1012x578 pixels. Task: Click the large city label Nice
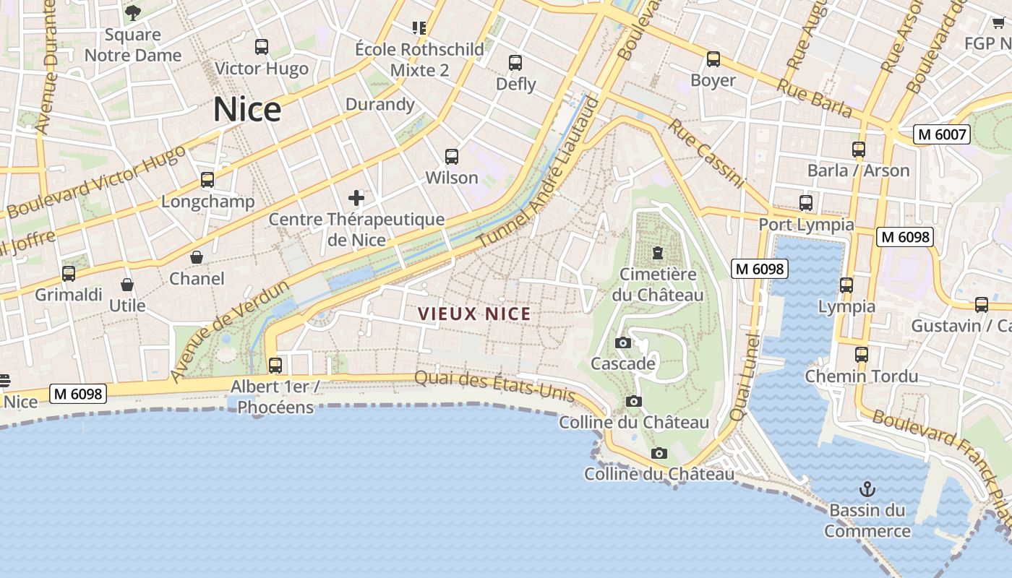[x=247, y=110]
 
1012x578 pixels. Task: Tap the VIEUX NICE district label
[x=475, y=314]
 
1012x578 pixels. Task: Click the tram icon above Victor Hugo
[x=262, y=47]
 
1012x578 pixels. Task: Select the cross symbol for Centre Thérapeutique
[x=356, y=197]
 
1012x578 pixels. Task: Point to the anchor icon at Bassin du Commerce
[x=867, y=489]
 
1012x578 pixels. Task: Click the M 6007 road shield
[x=940, y=134]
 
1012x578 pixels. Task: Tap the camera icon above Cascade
[x=622, y=342]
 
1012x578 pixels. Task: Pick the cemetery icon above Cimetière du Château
[x=658, y=253]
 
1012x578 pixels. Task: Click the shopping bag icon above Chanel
[x=197, y=257]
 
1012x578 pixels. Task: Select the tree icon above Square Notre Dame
[x=133, y=12]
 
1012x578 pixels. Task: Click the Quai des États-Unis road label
[x=494, y=387]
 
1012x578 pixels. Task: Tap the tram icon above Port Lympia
[x=806, y=203]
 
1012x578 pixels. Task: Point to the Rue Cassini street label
[x=706, y=152]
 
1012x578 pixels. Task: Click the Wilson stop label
[x=452, y=178]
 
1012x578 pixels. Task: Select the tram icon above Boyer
[x=713, y=59]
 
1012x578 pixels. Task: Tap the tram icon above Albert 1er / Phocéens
[x=275, y=365]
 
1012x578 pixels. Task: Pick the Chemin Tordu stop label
[x=862, y=376]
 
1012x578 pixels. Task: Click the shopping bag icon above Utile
[x=127, y=285]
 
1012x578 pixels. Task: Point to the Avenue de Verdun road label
[x=230, y=331]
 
